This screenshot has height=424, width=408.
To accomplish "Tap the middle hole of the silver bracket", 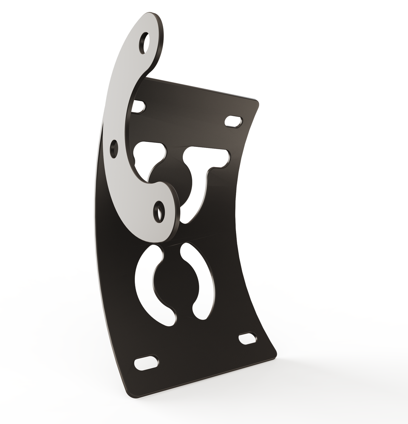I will (x=114, y=148).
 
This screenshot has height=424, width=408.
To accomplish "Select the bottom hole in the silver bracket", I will (x=159, y=212).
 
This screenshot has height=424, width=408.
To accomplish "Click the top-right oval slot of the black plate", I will (x=233, y=121).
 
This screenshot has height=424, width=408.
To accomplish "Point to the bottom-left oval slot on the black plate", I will (x=146, y=363).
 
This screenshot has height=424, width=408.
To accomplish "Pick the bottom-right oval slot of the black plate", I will (x=247, y=338).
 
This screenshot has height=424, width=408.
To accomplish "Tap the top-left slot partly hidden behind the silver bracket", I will (x=139, y=107).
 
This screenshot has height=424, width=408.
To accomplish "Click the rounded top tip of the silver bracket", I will (x=153, y=17).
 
